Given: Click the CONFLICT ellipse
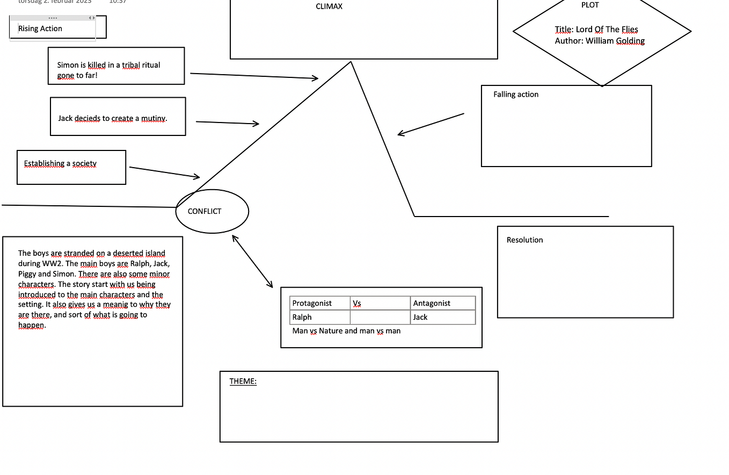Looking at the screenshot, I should click(x=212, y=211).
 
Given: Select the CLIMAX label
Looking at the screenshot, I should click(x=329, y=6).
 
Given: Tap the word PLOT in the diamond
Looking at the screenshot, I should click(x=590, y=5).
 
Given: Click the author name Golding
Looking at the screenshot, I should click(x=631, y=41).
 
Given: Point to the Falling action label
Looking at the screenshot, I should click(x=516, y=95).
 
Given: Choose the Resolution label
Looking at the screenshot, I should click(x=524, y=240).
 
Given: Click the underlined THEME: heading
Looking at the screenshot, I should click(x=243, y=382).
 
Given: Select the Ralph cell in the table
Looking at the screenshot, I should click(x=302, y=317).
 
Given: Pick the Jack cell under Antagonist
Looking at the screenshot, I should click(x=420, y=317).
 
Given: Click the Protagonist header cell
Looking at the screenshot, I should click(x=312, y=304).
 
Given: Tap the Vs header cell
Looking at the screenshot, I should click(x=357, y=304).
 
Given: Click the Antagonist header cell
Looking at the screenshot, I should click(x=432, y=304).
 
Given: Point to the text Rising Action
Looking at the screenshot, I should click(x=40, y=28).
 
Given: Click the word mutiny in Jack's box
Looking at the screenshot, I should click(x=154, y=118).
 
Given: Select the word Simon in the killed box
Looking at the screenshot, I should click(x=68, y=65).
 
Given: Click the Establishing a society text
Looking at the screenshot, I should click(x=60, y=163).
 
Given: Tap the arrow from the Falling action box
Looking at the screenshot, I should click(x=431, y=124).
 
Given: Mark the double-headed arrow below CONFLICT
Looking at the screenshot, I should click(x=252, y=262).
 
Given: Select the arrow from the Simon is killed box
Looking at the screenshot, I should click(x=254, y=76).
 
